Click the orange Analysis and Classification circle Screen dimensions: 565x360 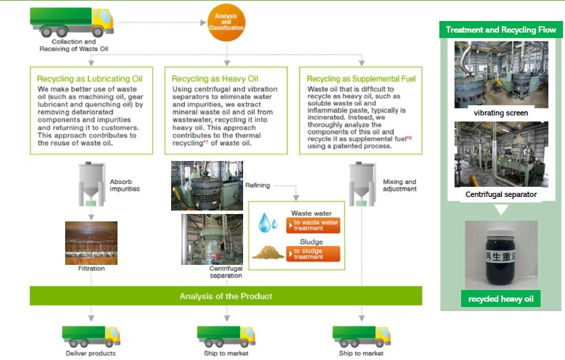click(226, 22)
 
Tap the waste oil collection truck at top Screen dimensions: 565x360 click(72, 22)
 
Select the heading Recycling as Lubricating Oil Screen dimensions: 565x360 click(90, 79)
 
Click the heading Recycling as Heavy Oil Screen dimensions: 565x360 click(215, 79)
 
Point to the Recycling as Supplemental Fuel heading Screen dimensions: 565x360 click(361, 79)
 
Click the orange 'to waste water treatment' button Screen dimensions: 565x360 click(313, 226)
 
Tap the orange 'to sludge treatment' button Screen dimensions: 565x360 click(313, 253)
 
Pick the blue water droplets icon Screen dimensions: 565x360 click(268, 222)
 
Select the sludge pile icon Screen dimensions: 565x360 click(268, 252)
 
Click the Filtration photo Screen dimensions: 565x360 click(91, 243)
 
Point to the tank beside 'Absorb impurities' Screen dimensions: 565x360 click(92, 184)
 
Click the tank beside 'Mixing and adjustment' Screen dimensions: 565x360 click(362, 184)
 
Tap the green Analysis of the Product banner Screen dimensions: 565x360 click(226, 296)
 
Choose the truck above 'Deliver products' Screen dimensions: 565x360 click(91, 336)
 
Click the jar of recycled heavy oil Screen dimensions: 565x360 click(500, 256)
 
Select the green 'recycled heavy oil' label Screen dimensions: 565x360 click(500, 299)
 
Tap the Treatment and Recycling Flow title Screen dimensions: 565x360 click(501, 30)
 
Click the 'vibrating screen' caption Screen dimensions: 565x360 click(501, 113)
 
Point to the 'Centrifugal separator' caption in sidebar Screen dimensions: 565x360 click(501, 194)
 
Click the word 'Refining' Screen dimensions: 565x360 click(257, 185)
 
